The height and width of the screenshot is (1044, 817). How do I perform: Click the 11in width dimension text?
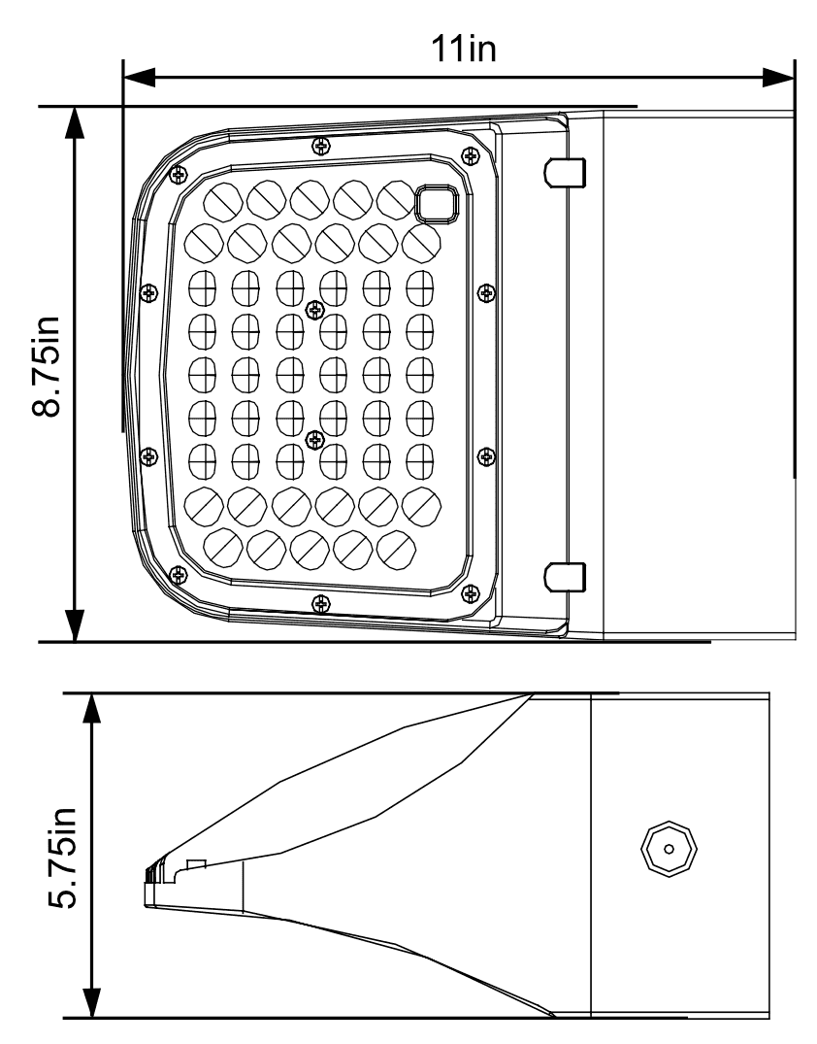pyautogui.click(x=463, y=48)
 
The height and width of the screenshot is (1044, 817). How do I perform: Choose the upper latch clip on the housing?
pyautogui.click(x=566, y=172)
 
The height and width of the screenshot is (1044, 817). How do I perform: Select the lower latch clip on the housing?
pyautogui.click(x=566, y=576)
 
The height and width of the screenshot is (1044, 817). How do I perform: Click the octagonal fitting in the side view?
pyautogui.click(x=668, y=846)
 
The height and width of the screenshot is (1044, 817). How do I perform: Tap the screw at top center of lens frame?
pyautogui.click(x=321, y=146)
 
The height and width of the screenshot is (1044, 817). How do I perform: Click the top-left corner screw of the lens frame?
pyautogui.click(x=177, y=174)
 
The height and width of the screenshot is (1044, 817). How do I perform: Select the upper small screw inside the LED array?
pyautogui.click(x=312, y=309)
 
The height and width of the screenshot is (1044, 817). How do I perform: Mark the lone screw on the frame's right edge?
pyautogui.click(x=487, y=291)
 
